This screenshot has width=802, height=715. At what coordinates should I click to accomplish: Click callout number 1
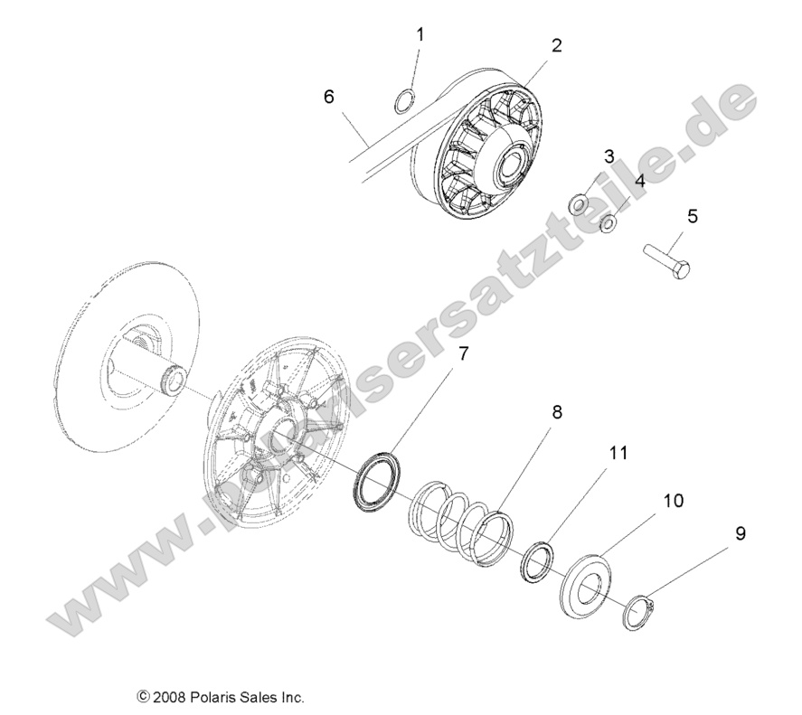[x=420, y=34]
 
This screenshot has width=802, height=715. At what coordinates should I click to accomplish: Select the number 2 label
[x=557, y=45]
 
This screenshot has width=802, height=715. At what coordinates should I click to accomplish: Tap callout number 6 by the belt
[x=328, y=97]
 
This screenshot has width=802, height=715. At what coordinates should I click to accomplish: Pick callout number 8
[x=557, y=387]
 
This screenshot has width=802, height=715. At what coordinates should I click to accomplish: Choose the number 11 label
[x=618, y=453]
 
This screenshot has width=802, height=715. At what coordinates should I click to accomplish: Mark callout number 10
[x=673, y=500]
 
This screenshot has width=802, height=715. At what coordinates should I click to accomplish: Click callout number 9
[x=740, y=533]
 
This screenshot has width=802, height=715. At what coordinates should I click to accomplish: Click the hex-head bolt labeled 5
[x=667, y=257]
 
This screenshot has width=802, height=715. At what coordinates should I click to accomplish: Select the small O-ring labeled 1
[x=407, y=101]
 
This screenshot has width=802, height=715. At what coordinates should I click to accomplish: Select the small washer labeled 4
[x=610, y=222]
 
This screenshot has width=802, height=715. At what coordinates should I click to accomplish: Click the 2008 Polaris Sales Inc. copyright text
[x=220, y=697]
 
